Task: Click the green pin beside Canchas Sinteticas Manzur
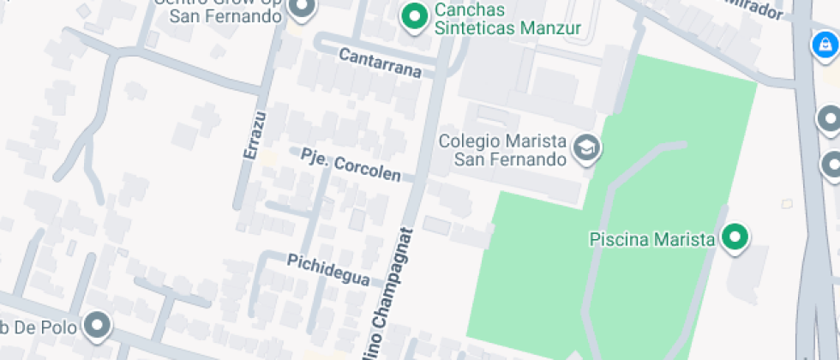(416, 15)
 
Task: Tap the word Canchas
(470, 10)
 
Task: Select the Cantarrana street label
(381, 63)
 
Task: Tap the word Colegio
(474, 141)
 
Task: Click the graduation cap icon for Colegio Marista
(587, 147)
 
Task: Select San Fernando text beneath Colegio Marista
(511, 159)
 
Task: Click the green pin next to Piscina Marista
(735, 237)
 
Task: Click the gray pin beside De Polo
(98, 325)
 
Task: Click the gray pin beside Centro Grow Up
(302, 9)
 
